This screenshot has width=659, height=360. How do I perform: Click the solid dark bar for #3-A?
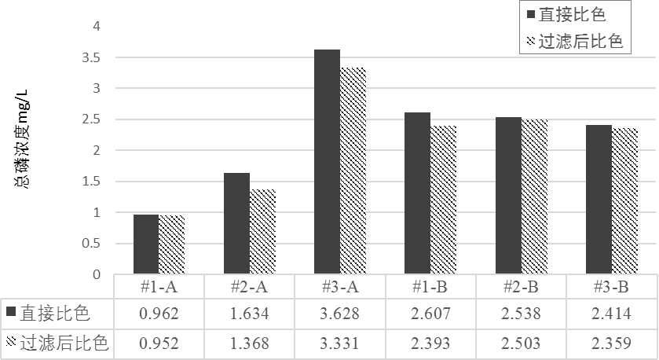tap(327, 162)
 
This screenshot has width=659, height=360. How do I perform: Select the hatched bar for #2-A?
tap(262, 232)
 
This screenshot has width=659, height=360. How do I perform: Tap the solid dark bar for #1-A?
tap(146, 244)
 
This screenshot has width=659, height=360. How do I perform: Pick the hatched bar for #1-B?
tap(444, 200)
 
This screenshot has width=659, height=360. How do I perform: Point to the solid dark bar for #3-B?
tap(599, 200)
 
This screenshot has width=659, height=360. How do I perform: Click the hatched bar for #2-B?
tap(534, 197)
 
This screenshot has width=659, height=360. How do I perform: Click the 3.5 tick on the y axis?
tap(91, 57)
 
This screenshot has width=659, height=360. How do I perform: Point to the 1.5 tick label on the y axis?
tap(91, 182)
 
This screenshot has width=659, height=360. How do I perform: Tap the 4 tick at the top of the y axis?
tap(97, 26)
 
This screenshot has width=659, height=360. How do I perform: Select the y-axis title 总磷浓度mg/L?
tap(23, 139)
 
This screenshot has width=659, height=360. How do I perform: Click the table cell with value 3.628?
tap(339, 314)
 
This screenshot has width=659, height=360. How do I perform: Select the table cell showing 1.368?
tap(249, 343)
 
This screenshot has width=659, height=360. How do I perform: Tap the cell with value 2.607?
tap(430, 314)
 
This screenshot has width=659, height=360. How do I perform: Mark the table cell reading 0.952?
tap(159, 343)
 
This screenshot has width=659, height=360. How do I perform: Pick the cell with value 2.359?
tap(611, 343)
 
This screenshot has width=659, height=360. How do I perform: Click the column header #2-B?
tap(521, 287)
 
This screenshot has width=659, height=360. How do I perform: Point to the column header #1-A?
tap(159, 287)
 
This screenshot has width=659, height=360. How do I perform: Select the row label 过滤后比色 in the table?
tap(64, 343)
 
